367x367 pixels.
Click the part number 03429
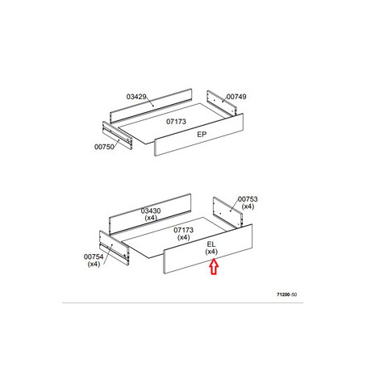click(x=136, y=97)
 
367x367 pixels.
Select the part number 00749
click(x=236, y=97)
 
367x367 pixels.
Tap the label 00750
click(x=104, y=147)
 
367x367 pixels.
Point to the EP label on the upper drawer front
click(x=202, y=135)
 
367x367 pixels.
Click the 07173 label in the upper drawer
click(x=176, y=122)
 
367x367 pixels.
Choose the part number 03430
click(x=151, y=211)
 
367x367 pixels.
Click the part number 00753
click(x=248, y=199)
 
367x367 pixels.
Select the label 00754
click(x=94, y=256)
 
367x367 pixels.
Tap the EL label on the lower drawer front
click(x=211, y=244)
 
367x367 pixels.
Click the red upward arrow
click(x=214, y=266)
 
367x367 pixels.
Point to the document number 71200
click(x=283, y=294)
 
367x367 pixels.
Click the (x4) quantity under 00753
click(x=248, y=206)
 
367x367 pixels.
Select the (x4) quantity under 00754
click(x=94, y=264)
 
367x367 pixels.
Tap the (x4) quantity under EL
click(x=211, y=252)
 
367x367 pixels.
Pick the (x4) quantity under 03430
click(x=151, y=218)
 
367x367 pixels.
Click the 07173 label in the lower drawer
click(x=183, y=230)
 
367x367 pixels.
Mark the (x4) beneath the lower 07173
click(x=184, y=237)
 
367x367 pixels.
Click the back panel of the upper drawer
click(x=151, y=106)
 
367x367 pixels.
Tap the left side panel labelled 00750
click(x=117, y=136)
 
